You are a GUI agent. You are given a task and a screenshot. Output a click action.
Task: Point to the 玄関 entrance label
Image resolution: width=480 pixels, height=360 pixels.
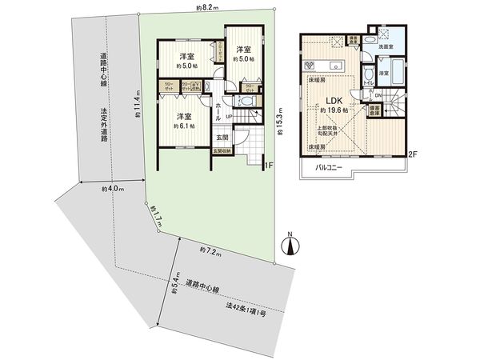222,138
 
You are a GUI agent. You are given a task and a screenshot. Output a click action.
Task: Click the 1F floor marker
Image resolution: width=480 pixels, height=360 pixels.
270,166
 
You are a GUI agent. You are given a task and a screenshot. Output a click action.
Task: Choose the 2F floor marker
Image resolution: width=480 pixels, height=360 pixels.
413,153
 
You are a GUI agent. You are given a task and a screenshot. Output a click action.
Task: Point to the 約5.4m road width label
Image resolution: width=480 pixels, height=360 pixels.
173,285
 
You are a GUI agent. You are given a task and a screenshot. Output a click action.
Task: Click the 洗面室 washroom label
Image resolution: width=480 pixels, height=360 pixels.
388,48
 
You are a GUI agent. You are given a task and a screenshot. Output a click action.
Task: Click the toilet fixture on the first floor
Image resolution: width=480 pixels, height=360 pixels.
245,102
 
